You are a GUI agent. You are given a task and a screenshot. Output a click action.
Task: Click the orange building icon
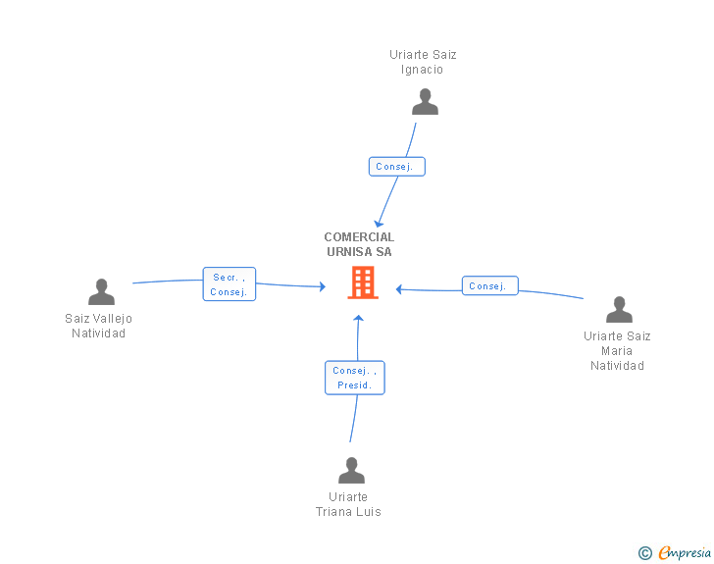coord(363,282)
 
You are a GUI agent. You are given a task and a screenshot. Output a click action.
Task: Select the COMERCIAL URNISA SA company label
coord(359,244)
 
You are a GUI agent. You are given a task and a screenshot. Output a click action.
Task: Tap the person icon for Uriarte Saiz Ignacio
coord(425,102)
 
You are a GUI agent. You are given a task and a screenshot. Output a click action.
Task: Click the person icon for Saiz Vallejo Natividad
coord(101,291)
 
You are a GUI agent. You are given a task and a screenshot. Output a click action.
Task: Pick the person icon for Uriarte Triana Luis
coord(351,470)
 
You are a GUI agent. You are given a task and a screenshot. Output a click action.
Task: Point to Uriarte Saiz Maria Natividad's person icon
coord(619,309)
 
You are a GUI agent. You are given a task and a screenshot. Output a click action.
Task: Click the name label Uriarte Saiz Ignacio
coord(423,62)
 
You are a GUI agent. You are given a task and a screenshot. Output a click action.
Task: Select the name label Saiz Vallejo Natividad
coord(98,326)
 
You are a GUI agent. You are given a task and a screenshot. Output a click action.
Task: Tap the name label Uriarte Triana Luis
coord(348,504)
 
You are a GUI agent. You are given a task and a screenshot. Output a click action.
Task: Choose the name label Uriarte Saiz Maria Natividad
coord(617,351)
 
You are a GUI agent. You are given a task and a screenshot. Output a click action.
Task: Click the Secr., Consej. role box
coord(229,283)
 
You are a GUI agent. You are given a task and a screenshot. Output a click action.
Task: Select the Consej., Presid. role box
coord(355,378)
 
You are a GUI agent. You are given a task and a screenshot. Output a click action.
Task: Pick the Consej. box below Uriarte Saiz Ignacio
coord(396,167)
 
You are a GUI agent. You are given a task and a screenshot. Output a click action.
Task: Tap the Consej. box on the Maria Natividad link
coord(490,285)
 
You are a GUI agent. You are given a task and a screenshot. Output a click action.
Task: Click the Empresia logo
coord(685,552)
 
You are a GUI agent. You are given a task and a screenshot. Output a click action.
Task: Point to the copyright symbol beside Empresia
coord(645,553)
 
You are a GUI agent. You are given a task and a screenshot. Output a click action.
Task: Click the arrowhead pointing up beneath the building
coord(358,318)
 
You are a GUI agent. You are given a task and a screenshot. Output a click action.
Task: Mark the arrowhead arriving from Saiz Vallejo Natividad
coord(323,286)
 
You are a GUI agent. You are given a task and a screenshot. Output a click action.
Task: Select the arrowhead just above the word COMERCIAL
coord(379,224)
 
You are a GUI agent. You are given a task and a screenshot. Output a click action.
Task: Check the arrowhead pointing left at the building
coord(399,288)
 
